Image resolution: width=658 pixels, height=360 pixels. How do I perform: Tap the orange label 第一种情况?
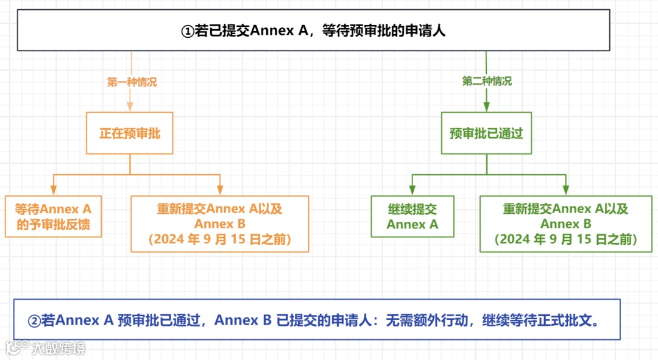coord(132,82)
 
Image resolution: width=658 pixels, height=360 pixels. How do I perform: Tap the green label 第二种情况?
coord(487,81)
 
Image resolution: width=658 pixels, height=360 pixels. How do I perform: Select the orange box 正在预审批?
coord(130,133)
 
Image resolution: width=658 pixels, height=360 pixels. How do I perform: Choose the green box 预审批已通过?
coord(486,133)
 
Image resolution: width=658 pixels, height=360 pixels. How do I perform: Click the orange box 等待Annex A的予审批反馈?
coord(53,216)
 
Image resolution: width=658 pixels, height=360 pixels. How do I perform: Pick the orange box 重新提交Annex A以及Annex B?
coord(220,224)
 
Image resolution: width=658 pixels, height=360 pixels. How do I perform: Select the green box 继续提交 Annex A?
coord(412,216)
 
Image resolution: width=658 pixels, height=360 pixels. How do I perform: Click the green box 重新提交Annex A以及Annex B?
coord(565,224)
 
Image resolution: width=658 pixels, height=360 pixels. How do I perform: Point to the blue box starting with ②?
coord(317,319)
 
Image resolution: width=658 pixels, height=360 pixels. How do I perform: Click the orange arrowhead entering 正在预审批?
coord(130,107)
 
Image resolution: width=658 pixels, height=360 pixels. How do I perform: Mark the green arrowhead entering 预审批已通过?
coord(486,107)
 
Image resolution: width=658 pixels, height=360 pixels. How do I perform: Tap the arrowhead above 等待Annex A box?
coord(54,189)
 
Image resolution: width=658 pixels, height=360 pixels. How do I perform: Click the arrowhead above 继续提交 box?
coord(412,189)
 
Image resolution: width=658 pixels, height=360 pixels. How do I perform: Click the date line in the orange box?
coord(220,239)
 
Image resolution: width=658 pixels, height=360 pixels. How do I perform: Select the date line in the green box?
coord(565,239)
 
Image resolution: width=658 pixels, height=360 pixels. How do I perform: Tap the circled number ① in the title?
coord(188,31)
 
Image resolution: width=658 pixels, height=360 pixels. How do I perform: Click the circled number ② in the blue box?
coord(34,320)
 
